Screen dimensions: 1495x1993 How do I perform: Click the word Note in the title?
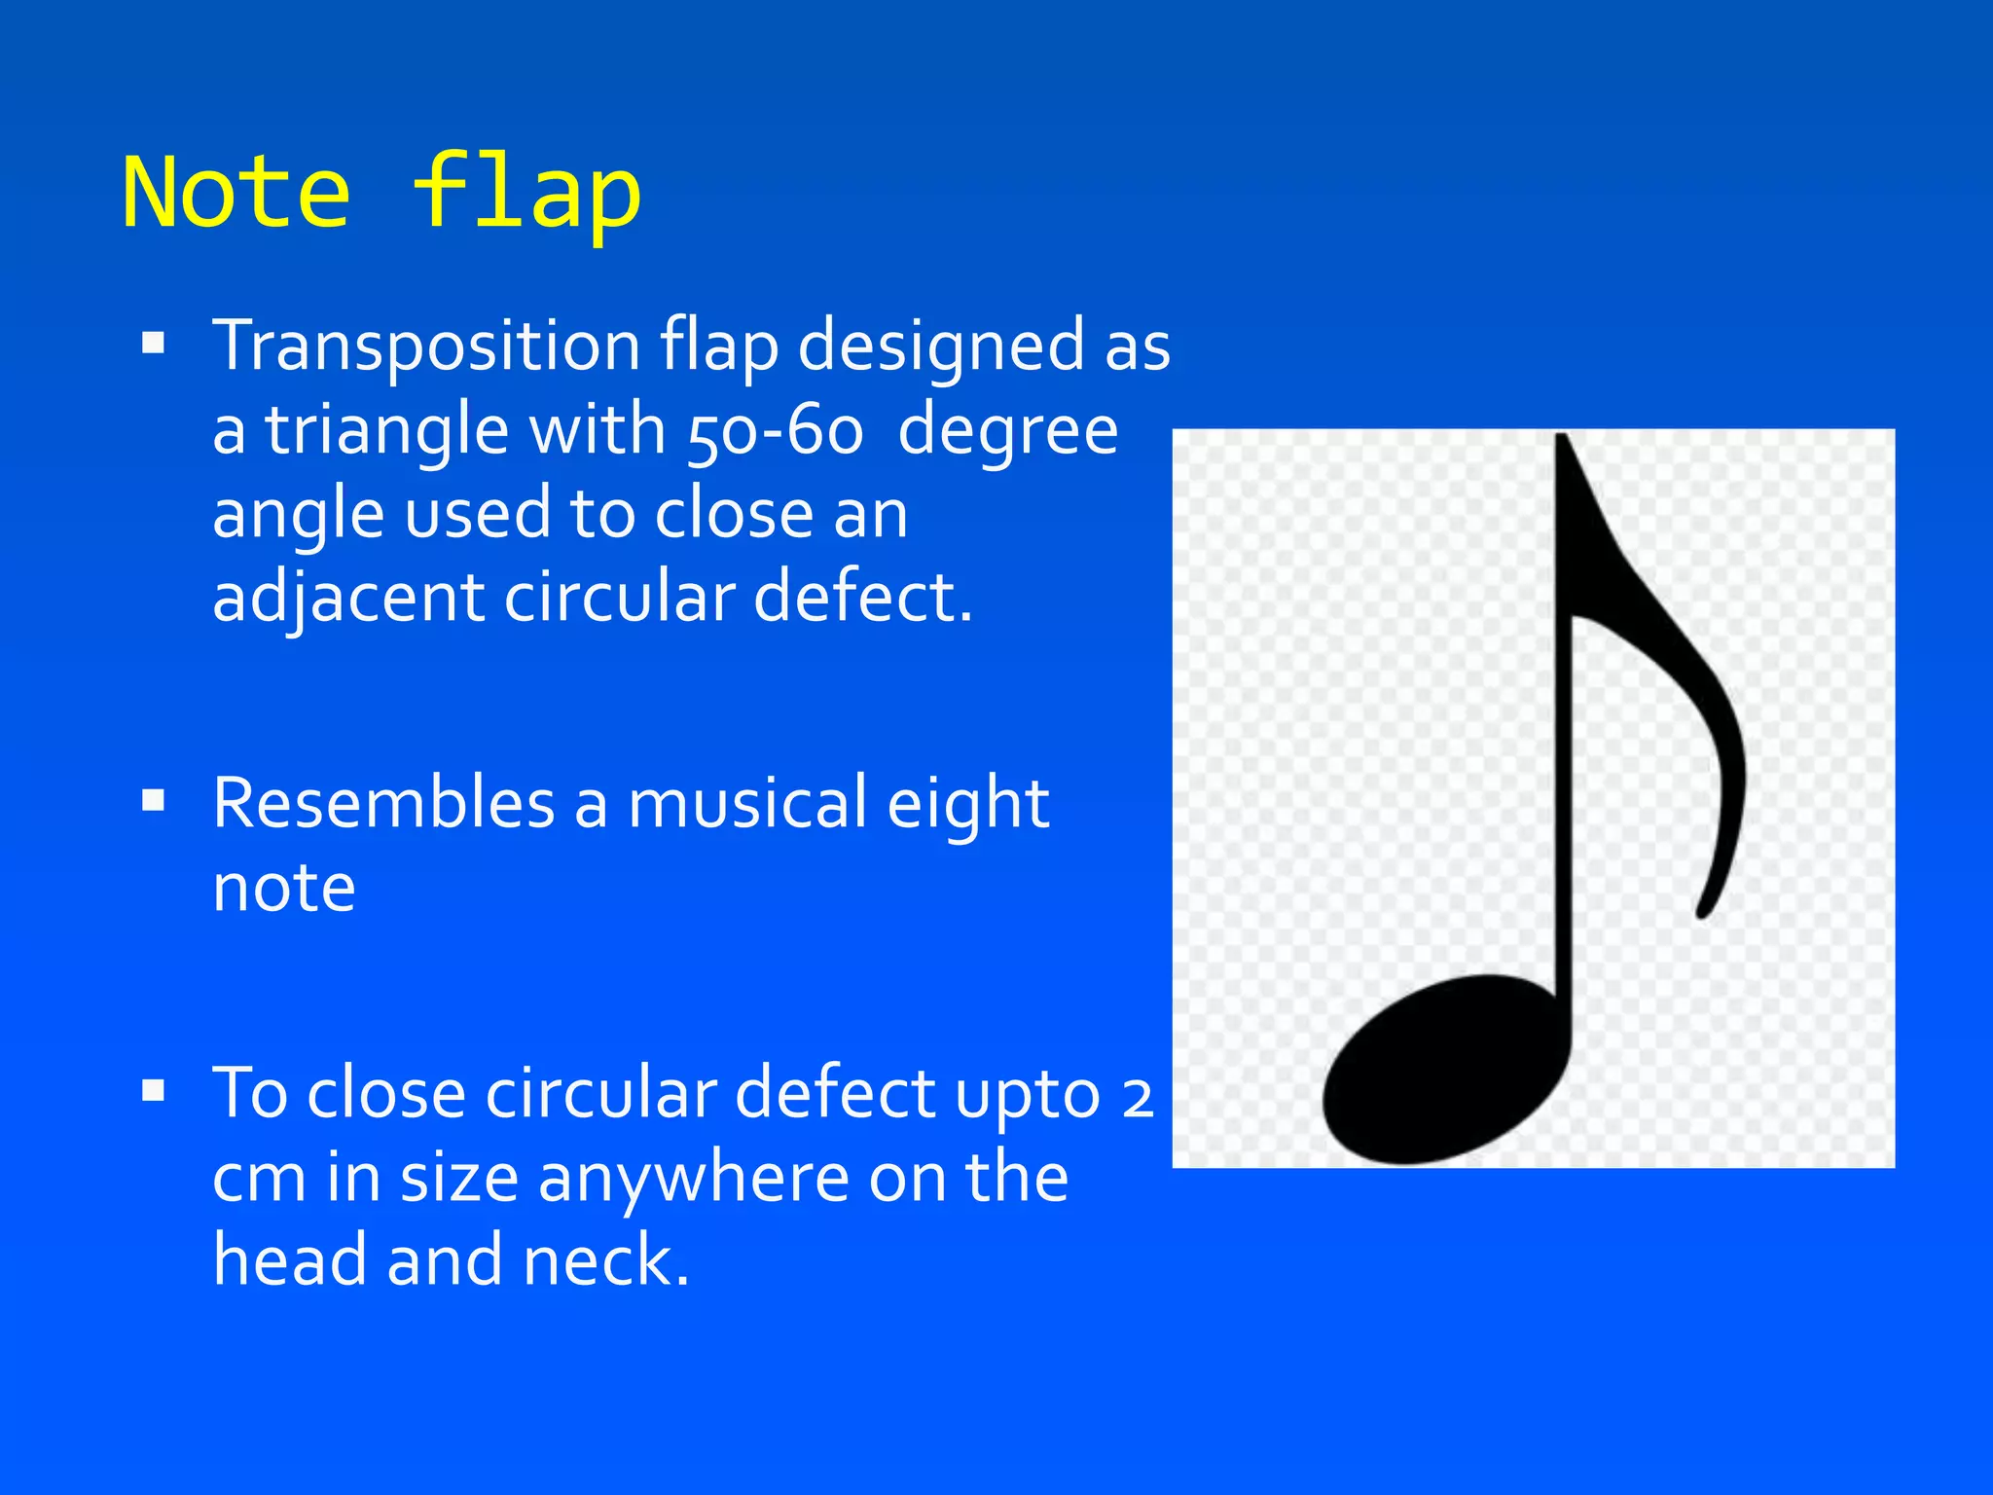[x=236, y=193]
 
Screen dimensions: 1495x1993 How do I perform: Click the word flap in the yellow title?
[x=526, y=193]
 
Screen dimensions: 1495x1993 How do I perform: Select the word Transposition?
[x=427, y=346]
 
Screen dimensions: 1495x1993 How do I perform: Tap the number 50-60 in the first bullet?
[x=776, y=431]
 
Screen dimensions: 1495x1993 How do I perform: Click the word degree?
[x=1007, y=431]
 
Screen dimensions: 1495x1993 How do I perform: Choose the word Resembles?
[x=383, y=804]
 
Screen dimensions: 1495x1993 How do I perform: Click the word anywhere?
[x=693, y=1179]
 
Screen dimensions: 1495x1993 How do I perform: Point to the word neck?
[x=604, y=1261]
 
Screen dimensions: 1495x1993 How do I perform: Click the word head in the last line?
[x=290, y=1261]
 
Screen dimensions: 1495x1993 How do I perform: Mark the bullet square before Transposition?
[x=154, y=344]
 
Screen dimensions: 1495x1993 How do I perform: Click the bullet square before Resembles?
[x=154, y=801]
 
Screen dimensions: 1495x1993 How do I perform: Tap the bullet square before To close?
[x=154, y=1091]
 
